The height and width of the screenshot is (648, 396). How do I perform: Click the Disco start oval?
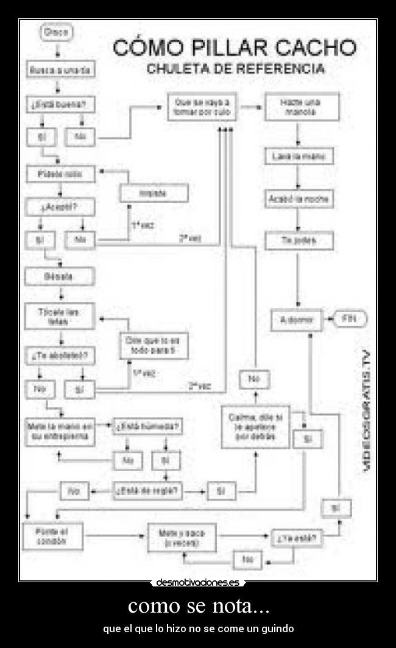56,32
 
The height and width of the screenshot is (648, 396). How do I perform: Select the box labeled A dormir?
297,319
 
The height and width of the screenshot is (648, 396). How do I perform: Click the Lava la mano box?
299,157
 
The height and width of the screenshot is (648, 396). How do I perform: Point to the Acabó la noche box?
299,199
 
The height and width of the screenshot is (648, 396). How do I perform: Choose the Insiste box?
154,193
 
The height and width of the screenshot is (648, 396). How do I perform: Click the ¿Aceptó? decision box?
59,207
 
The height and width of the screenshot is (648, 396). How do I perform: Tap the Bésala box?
59,277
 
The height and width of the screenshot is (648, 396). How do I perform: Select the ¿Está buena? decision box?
60,105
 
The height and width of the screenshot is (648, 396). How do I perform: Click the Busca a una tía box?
60,70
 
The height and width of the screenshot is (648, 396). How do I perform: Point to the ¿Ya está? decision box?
297,538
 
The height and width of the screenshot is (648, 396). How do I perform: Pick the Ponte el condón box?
54,536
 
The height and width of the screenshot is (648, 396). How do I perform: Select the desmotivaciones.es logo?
197,583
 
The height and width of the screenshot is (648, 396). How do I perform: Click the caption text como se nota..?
199,607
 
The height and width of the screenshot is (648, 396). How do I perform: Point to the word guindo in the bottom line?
279,628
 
